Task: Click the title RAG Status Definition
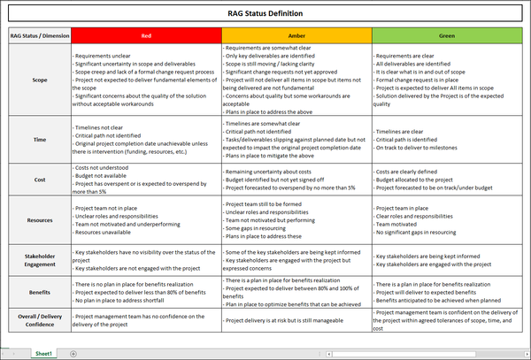coord(265,14)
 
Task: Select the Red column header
coord(146,36)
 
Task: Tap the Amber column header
coord(296,36)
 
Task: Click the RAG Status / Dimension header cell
coord(39,36)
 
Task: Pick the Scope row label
coord(39,79)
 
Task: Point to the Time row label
coord(39,139)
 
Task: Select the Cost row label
coord(39,180)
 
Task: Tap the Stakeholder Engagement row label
coord(39,257)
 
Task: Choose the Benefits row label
coord(39,289)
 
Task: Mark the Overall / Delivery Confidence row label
coord(39,319)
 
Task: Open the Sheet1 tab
coord(43,353)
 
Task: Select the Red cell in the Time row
coord(146,139)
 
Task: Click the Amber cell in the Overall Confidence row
coord(296,319)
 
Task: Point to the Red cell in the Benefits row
coord(146,289)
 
